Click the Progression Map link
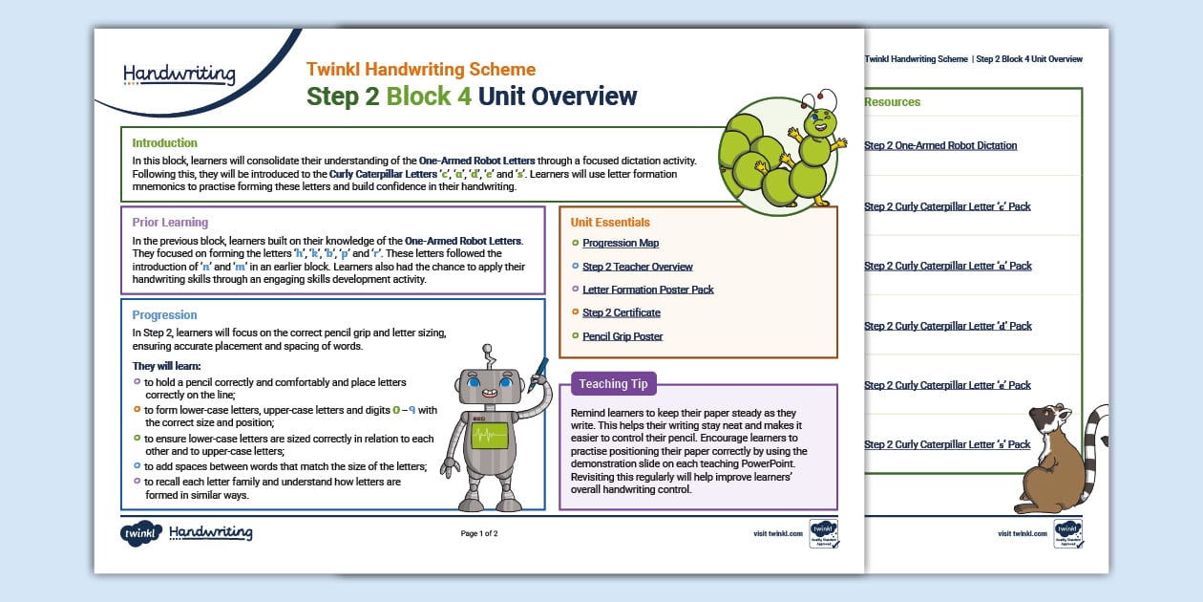(x=621, y=244)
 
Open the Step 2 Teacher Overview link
(x=637, y=267)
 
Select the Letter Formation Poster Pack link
(x=647, y=290)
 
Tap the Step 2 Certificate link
(x=621, y=312)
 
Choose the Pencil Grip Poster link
(x=623, y=336)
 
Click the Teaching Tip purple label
(x=613, y=384)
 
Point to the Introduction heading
(x=165, y=143)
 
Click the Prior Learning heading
(x=170, y=223)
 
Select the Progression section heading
(x=164, y=315)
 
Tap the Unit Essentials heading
(x=610, y=223)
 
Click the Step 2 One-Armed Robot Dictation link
(x=939, y=146)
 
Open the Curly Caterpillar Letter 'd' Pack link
(x=947, y=326)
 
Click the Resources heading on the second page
(x=892, y=102)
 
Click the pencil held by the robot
(x=541, y=367)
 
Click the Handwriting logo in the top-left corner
(x=179, y=74)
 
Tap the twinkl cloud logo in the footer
(x=140, y=533)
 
